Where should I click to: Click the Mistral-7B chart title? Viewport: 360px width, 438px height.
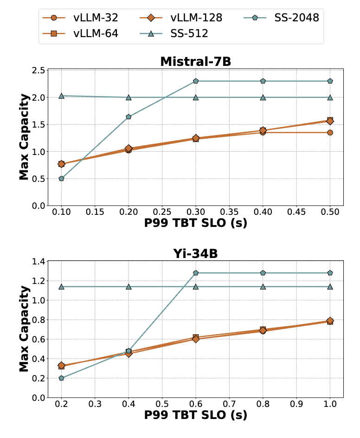click(x=195, y=62)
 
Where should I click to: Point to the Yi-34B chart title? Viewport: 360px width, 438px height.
click(x=195, y=253)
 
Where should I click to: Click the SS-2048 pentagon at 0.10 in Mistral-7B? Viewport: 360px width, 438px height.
click(x=61, y=179)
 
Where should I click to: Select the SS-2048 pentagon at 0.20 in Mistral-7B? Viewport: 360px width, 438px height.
click(x=129, y=117)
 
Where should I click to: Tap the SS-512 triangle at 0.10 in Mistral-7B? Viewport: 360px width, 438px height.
click(x=61, y=96)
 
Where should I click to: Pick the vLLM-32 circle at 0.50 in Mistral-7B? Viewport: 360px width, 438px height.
click(x=330, y=133)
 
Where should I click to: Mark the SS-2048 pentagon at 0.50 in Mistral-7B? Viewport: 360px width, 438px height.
click(x=330, y=81)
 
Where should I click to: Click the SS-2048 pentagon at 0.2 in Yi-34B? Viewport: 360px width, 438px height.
click(x=61, y=378)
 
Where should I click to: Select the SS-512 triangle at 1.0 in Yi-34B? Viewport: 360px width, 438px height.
click(x=330, y=287)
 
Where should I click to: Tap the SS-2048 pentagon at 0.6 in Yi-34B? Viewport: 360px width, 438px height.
click(x=196, y=273)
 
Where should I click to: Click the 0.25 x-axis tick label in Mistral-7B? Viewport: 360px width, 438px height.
click(x=162, y=212)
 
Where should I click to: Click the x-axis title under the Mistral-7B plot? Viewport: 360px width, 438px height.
click(x=195, y=223)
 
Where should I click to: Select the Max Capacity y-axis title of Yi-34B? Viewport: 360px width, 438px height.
click(x=25, y=328)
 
